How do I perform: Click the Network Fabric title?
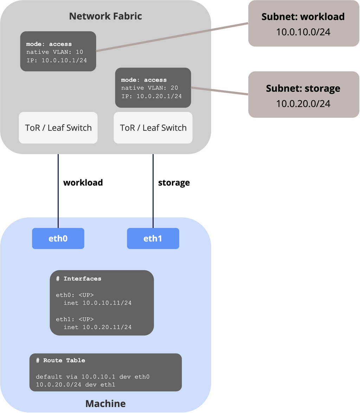[x=105, y=16]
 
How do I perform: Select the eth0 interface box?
[x=58, y=238]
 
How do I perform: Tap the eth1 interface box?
[x=153, y=238]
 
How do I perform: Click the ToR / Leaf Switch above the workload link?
[x=58, y=128]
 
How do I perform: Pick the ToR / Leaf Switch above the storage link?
[x=153, y=128]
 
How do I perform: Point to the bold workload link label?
[x=83, y=182]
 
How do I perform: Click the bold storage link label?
[x=174, y=183]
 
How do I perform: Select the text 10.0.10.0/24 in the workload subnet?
[x=303, y=32]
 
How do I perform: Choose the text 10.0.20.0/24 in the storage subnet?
[x=303, y=103]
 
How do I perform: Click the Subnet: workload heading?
[x=303, y=17]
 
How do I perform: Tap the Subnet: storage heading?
[x=303, y=89]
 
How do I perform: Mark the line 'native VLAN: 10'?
[x=55, y=52]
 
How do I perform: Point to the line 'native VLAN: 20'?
[x=150, y=88]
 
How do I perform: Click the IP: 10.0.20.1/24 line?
[x=152, y=96]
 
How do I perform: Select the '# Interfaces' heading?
[x=78, y=279]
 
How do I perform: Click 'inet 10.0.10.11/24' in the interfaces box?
[x=97, y=303]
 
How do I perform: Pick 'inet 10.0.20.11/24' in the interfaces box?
[x=97, y=327]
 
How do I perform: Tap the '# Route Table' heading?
[x=60, y=360]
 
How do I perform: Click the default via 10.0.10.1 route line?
[x=93, y=377]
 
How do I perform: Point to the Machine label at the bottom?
[x=105, y=404]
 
